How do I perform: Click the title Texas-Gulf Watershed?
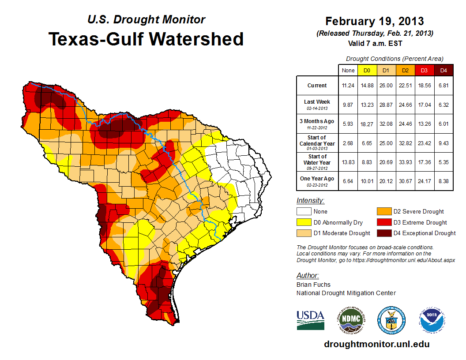(x=146, y=39)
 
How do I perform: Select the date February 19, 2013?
(x=374, y=21)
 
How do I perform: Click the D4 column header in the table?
(x=443, y=70)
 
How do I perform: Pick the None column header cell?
(x=348, y=70)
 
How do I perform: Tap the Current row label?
(x=317, y=86)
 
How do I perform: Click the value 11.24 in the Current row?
(x=348, y=86)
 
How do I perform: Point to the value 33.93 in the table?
(x=405, y=162)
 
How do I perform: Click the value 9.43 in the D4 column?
(x=443, y=143)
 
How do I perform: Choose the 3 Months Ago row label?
(x=317, y=124)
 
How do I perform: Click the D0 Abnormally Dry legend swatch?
(x=303, y=222)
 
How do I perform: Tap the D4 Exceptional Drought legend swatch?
(x=383, y=233)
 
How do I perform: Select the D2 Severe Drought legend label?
(x=418, y=212)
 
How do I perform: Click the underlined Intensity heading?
(x=310, y=201)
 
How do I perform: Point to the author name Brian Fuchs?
(x=313, y=285)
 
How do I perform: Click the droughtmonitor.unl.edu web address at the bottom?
(x=376, y=344)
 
